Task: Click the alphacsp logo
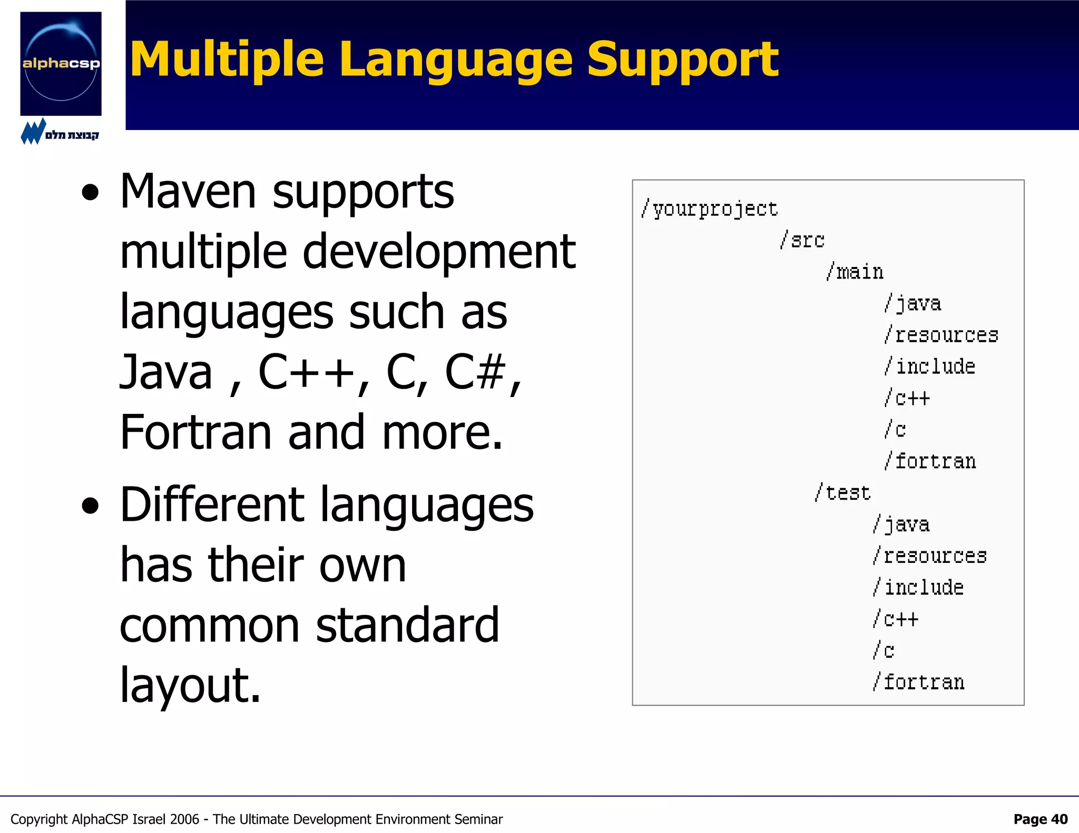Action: tap(61, 64)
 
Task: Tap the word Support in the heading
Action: tap(682, 61)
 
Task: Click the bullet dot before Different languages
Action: tap(91, 506)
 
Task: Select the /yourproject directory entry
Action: tap(709, 209)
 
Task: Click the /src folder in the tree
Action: tap(802, 240)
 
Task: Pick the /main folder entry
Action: tap(855, 272)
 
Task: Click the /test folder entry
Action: tap(842, 493)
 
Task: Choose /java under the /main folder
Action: tap(913, 303)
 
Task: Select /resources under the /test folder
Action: tap(929, 556)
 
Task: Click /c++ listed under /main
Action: tap(907, 398)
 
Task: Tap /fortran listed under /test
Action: tap(918, 682)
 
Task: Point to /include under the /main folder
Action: tap(930, 366)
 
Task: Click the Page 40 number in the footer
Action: tap(1040, 819)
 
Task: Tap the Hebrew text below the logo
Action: tap(72, 135)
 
